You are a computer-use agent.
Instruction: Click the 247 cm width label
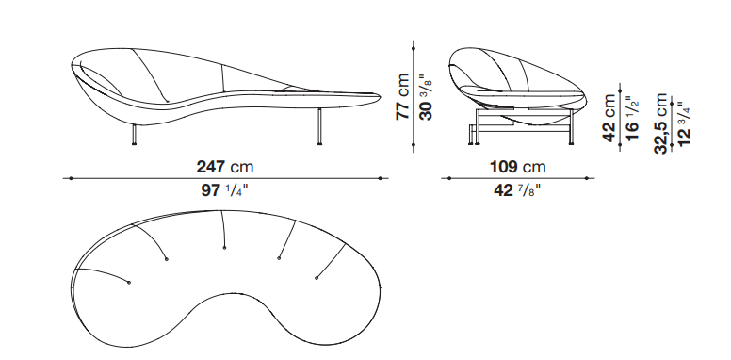coord(225,167)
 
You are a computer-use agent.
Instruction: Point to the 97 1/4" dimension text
coord(224,189)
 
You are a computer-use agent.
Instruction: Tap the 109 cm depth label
coord(517,167)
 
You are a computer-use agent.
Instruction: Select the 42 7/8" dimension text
coord(517,189)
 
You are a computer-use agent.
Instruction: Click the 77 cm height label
coord(402,96)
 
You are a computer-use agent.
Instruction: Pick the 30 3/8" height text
coord(426,96)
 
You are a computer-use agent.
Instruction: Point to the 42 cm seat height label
coord(609,118)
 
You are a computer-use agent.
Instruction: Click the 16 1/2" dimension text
coord(631,119)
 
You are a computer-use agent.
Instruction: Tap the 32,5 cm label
coord(661,123)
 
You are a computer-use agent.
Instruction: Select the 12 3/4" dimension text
coord(683,124)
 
